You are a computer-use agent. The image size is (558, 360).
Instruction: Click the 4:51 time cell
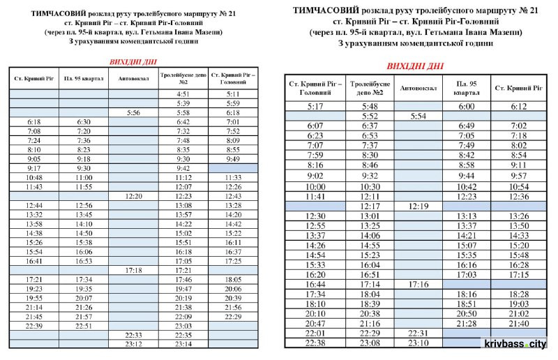pos(183,93)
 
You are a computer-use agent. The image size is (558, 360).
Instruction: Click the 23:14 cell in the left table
pos(183,344)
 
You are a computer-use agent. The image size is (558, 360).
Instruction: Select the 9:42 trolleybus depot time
pos(183,168)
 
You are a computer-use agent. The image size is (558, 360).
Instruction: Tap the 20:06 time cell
pos(234,288)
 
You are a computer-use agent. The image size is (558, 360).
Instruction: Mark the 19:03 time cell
pos(518,304)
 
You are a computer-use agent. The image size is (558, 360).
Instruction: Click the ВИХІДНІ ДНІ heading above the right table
pos(414,66)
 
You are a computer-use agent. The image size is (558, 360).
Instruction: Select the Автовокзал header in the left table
pos(133,78)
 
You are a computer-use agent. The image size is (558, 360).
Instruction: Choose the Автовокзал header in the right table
pos(418,88)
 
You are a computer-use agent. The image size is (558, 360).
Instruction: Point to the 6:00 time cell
pos(466,106)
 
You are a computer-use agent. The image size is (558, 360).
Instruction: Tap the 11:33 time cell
pos(234,178)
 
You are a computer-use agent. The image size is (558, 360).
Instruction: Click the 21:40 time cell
pos(518,324)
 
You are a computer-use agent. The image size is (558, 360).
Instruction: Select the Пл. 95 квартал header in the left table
pos(83,78)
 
